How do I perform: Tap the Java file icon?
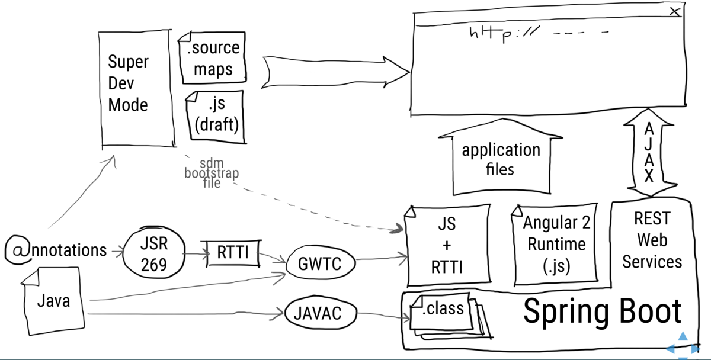pos(53,301)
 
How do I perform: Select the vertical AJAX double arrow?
pos(649,152)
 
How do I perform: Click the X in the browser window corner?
pos(674,11)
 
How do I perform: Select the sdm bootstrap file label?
pos(212,173)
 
